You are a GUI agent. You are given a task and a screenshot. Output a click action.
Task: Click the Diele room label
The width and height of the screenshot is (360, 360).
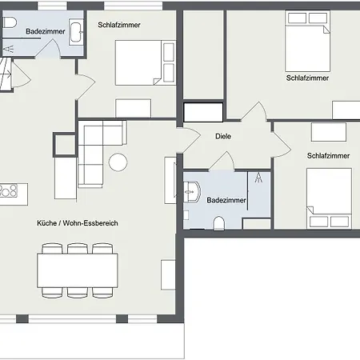click(223, 136)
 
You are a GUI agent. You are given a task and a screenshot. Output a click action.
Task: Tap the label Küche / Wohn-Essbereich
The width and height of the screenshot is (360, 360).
click(78, 223)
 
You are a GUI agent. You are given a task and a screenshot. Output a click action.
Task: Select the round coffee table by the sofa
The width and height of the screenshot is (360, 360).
click(118, 162)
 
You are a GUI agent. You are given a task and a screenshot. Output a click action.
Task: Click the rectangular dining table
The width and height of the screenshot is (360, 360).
click(78, 270)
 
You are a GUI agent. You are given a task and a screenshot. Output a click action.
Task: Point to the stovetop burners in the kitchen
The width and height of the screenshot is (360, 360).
click(8, 191)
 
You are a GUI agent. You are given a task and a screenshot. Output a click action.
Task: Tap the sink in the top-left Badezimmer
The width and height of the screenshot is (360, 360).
click(76, 32)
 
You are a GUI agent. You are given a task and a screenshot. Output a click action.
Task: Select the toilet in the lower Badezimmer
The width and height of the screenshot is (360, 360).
click(218, 223)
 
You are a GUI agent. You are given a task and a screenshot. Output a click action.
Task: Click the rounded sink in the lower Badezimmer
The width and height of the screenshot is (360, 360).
click(191, 192)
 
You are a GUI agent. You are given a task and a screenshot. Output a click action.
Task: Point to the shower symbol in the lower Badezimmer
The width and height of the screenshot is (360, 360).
click(258, 178)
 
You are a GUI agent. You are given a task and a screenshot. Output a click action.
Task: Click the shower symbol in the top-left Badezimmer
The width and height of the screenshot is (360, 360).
click(8, 49)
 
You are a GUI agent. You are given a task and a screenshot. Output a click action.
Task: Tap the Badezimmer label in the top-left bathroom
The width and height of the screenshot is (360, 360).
click(46, 31)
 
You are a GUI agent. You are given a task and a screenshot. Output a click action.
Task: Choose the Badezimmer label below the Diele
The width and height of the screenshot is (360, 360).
click(226, 200)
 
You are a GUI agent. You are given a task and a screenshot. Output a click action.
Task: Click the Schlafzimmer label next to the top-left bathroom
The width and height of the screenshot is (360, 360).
click(119, 25)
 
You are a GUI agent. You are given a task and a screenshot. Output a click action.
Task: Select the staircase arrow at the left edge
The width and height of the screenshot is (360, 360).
click(6, 74)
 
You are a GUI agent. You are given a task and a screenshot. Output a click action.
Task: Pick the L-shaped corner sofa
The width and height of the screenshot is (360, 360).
click(102, 154)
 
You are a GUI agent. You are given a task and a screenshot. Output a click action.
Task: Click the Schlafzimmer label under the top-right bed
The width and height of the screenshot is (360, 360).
click(307, 78)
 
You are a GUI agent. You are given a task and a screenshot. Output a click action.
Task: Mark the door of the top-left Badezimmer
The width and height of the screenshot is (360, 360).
click(50, 48)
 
